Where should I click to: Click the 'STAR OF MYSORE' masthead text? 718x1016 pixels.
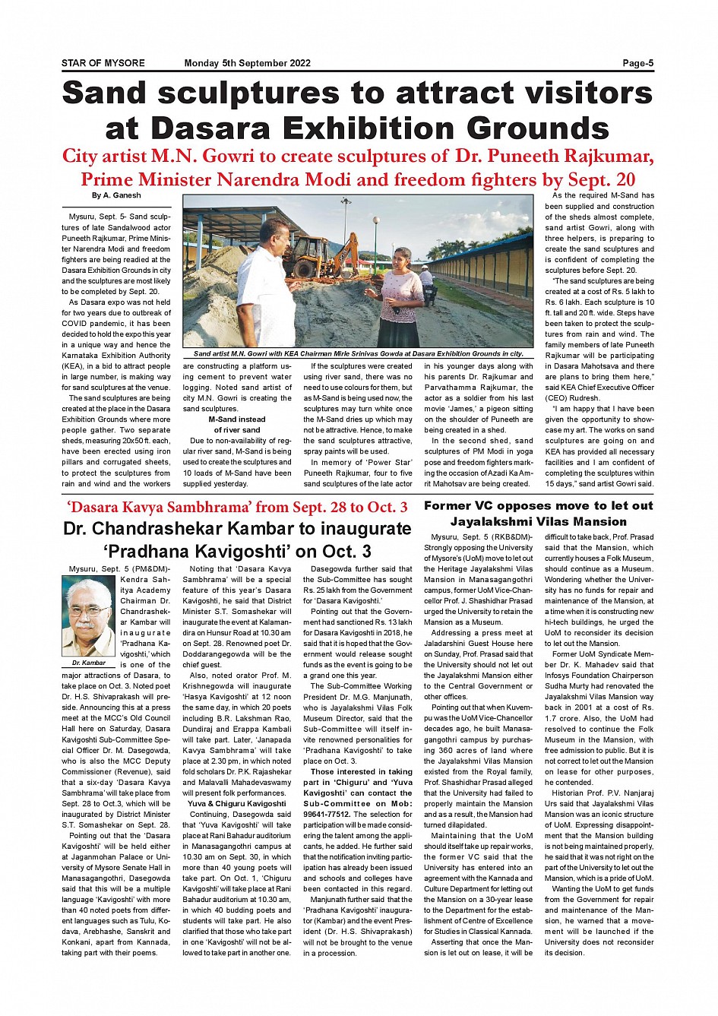pos(103,63)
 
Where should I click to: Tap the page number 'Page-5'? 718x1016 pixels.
pos(637,63)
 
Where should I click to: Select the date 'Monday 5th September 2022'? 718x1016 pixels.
pos(247,63)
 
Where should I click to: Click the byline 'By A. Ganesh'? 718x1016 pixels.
pos(116,196)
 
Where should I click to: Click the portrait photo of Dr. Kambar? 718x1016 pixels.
pos(88,616)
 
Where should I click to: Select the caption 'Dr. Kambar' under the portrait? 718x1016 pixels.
pos(89,663)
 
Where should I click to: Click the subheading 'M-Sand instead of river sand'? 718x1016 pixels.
pos(237,425)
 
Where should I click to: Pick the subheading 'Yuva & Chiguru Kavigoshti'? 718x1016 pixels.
pos(237,803)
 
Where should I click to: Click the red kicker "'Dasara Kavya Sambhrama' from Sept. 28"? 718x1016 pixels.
pos(237,507)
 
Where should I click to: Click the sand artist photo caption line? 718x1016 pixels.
pos(358,353)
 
